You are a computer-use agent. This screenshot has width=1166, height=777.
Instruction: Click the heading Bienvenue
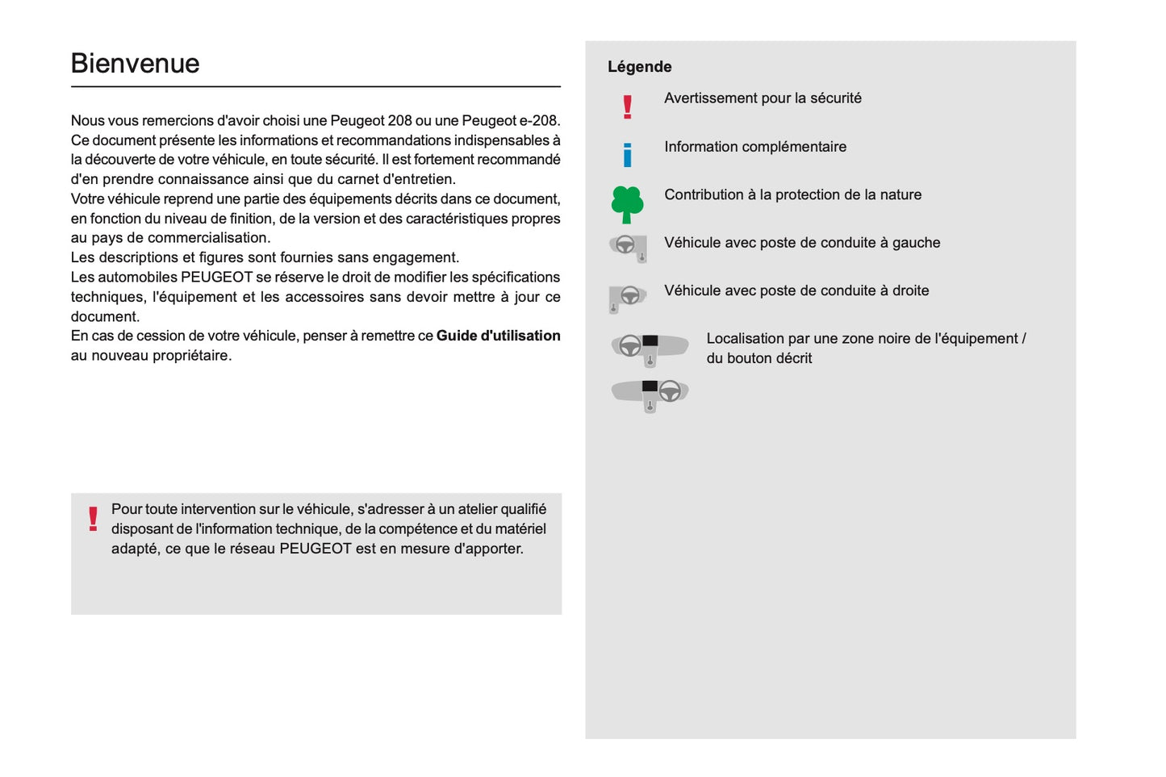pos(135,64)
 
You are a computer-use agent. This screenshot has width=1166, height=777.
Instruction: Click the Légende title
pos(639,67)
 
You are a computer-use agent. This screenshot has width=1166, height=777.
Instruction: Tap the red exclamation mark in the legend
pos(627,107)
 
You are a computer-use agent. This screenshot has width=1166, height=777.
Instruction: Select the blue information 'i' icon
pos(627,154)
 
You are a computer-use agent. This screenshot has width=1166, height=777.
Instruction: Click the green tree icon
pos(627,204)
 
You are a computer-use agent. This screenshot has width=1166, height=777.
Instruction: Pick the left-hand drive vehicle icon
pos(628,247)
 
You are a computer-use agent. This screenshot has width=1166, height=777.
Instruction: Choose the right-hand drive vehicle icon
pos(627,298)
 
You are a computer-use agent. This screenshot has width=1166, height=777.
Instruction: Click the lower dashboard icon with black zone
pos(650,395)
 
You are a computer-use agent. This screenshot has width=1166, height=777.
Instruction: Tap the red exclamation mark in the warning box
pos(93,519)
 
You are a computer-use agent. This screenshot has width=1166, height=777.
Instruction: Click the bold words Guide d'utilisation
pos(498,336)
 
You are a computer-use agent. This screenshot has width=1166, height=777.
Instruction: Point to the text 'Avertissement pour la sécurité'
pos(763,98)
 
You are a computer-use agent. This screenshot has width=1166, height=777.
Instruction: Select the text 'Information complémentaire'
pos(755,147)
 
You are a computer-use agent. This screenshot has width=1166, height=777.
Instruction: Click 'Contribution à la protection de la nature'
pos(792,194)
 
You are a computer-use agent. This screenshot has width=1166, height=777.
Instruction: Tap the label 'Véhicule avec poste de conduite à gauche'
pos(802,243)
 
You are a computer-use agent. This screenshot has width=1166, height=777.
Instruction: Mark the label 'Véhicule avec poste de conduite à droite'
pos(796,290)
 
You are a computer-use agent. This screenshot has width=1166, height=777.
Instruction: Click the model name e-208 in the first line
pos(538,121)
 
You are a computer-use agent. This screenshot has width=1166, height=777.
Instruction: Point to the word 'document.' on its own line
pos(105,317)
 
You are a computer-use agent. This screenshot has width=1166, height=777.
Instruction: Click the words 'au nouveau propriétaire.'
pos(151,356)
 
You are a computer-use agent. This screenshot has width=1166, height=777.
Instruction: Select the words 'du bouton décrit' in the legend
pos(759,358)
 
